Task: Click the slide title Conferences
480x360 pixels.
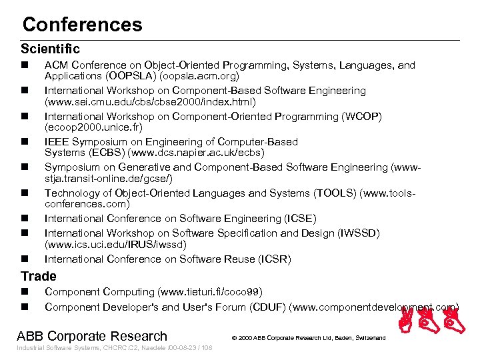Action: coord(82,25)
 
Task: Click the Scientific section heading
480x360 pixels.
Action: coord(50,49)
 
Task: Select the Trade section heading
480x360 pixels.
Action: coord(39,276)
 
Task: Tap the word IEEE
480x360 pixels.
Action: coord(56,141)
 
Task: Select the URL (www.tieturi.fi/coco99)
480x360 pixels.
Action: coord(210,292)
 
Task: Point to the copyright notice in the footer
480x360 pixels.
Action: coord(309,338)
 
